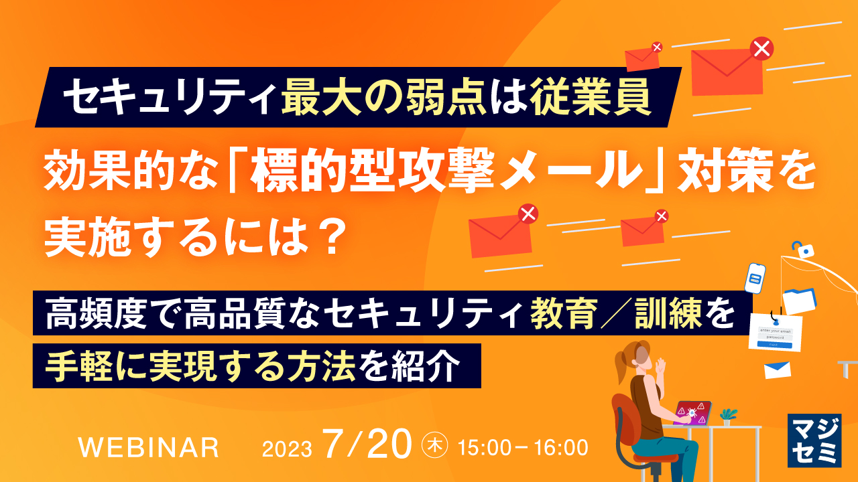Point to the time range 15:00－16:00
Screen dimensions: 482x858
pyautogui.click(x=522, y=447)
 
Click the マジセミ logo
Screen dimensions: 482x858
pyautogui.click(x=814, y=439)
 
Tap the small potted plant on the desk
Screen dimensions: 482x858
pyautogui.click(x=728, y=416)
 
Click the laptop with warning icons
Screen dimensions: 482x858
pyautogui.click(x=693, y=412)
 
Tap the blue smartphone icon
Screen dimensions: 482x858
pyautogui.click(x=755, y=278)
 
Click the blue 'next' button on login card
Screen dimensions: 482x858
pyautogui.click(x=774, y=345)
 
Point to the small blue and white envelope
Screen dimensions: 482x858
pyautogui.click(x=778, y=369)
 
